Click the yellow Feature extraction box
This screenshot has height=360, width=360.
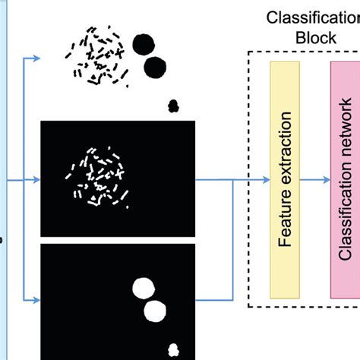tap(286, 180)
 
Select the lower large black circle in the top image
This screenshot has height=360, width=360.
tap(155, 67)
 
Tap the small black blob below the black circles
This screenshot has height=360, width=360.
tap(172, 106)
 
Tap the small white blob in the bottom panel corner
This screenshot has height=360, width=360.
tap(174, 349)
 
